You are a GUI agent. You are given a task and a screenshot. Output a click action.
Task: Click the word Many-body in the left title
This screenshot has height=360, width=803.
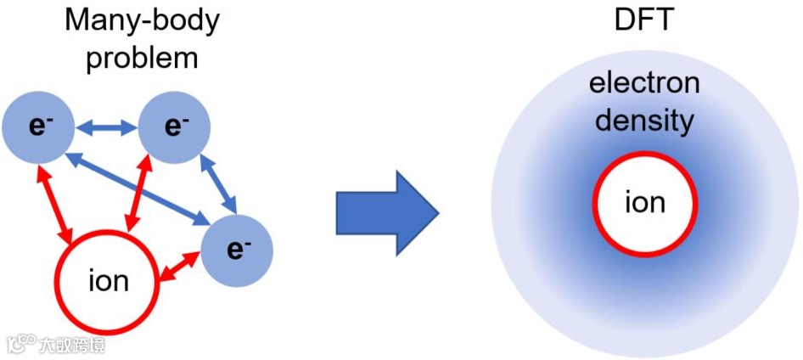pyautogui.click(x=142, y=20)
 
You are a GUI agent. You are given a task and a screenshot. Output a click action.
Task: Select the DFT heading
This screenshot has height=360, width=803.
pyautogui.click(x=644, y=20)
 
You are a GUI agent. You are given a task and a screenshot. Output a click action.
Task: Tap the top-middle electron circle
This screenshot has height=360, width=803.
pyautogui.click(x=174, y=127)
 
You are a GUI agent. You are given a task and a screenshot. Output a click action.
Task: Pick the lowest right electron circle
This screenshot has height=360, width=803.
pyautogui.click(x=238, y=249)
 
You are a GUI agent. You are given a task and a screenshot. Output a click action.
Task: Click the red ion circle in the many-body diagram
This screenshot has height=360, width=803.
pyautogui.click(x=108, y=281)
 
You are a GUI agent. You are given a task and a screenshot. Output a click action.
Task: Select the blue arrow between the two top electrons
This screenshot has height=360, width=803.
pyautogui.click(x=106, y=128)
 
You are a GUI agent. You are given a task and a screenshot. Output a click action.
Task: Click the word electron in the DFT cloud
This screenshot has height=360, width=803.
pyautogui.click(x=644, y=84)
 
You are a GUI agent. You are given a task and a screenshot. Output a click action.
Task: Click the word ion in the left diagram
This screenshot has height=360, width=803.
pyautogui.click(x=108, y=281)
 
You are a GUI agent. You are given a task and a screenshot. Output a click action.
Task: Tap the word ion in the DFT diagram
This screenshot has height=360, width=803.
pyautogui.click(x=644, y=205)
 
